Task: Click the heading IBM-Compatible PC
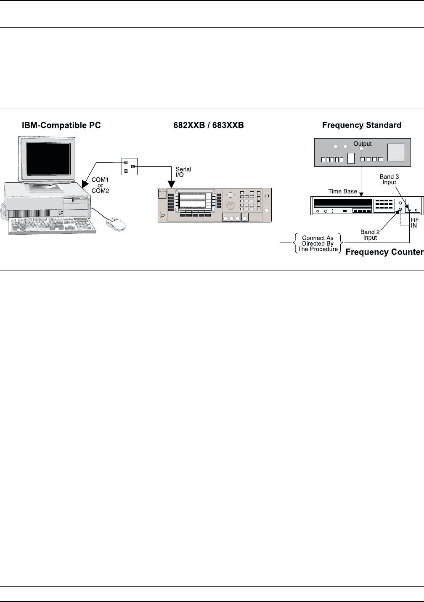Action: click(61, 125)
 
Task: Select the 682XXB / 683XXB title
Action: click(209, 125)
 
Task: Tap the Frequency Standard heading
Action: click(361, 125)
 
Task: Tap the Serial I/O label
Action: click(183, 172)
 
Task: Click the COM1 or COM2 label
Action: click(100, 185)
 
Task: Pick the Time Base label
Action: click(342, 191)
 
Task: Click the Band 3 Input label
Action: click(389, 179)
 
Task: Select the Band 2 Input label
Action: click(370, 235)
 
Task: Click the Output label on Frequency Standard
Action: click(362, 144)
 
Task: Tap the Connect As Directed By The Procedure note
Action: click(318, 243)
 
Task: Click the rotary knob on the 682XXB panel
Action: click(230, 206)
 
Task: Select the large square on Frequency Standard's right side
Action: click(396, 152)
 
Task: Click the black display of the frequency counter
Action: click(342, 202)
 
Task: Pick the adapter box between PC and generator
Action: click(129, 167)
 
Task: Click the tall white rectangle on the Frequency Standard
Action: click(351, 158)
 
